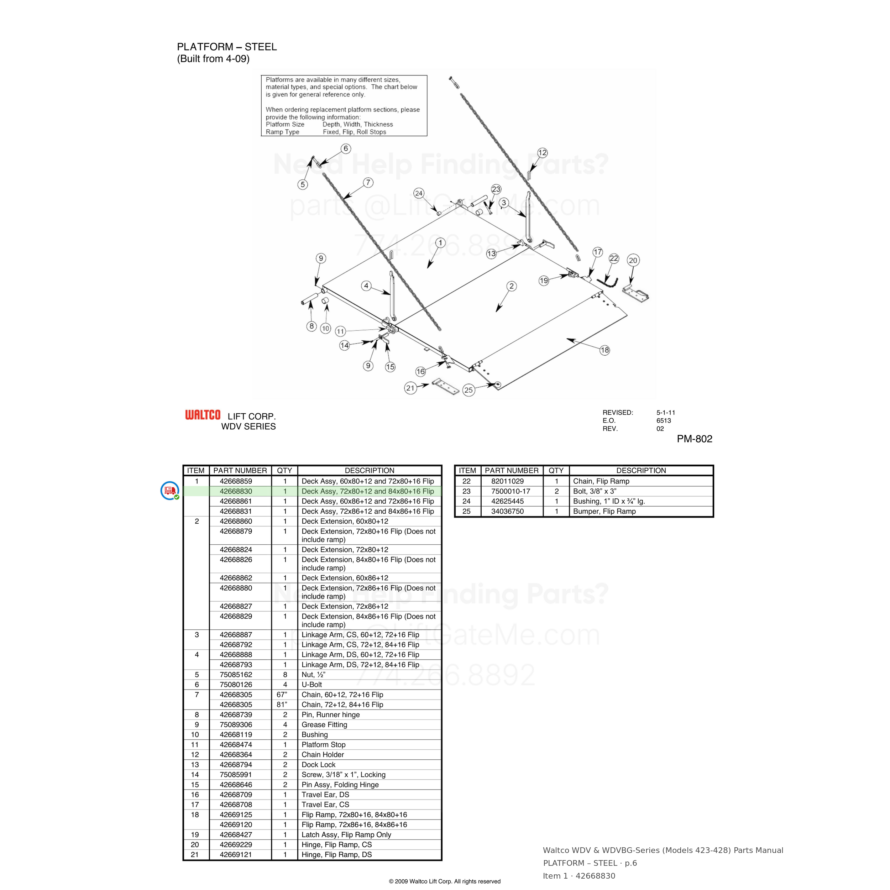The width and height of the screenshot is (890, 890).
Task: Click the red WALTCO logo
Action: coord(203,415)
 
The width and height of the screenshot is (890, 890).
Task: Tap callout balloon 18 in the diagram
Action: coord(605,350)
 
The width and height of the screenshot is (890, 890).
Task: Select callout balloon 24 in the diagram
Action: coord(419,193)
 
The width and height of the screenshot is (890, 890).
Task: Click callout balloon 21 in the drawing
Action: coord(410,388)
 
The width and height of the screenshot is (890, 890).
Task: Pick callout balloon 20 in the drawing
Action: coord(633,260)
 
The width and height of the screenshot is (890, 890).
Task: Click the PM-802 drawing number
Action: coord(694,439)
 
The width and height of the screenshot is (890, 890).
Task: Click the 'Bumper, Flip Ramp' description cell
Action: coord(604,511)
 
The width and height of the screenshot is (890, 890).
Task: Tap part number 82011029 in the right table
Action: coord(507,481)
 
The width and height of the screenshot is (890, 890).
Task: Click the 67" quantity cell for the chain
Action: coord(282,695)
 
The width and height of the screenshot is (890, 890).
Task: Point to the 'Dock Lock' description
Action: coord(318,765)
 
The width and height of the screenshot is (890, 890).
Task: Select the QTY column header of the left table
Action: coord(284,470)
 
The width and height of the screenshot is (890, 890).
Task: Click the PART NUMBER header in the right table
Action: coord(511,470)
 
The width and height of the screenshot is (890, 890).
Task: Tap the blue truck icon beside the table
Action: coord(170,491)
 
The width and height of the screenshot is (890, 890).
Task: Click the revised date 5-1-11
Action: coord(666,413)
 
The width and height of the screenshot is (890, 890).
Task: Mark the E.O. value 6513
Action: coord(664,420)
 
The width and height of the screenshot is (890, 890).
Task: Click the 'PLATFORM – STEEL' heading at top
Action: coord(227,47)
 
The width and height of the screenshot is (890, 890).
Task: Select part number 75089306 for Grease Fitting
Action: coord(236,724)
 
